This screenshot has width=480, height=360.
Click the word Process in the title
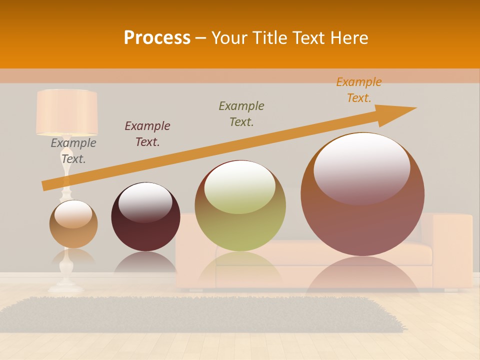coord(157,38)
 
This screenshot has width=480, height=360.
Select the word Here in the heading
coord(348,38)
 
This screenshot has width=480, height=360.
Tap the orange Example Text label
coord(358,90)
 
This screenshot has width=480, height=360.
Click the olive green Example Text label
coord(241,114)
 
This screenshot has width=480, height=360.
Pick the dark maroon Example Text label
coord(147,134)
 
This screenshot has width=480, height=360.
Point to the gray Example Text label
coord(73,151)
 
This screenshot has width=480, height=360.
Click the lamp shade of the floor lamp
coord(67,112)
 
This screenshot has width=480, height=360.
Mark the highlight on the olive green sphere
coord(239,186)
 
